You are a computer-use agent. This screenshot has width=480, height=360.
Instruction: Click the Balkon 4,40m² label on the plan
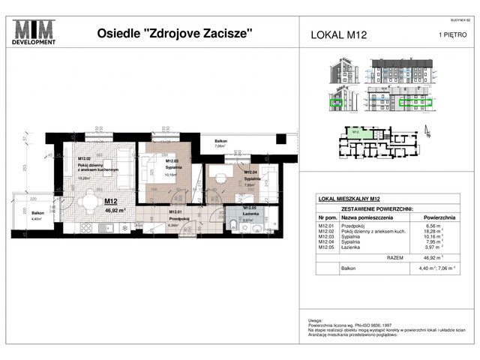38,215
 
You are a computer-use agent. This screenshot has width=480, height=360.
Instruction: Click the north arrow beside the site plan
427,134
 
